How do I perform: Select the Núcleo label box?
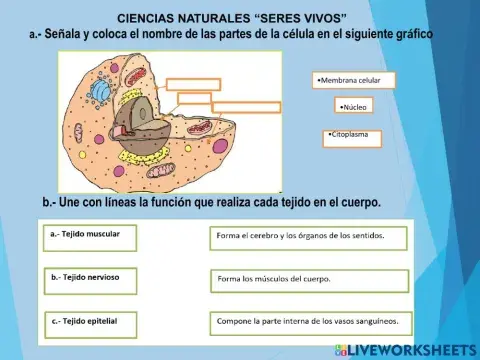[353, 105]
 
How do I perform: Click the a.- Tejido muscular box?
[92, 236]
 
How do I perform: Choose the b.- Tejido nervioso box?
[92, 279]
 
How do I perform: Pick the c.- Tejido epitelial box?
[92, 322]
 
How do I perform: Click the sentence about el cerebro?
[310, 238]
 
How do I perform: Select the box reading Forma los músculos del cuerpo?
[310, 279]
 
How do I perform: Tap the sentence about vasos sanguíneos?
[310, 322]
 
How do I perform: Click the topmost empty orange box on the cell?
[192, 84]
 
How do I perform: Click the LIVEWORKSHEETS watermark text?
[412, 349]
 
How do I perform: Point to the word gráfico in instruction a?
[408, 34]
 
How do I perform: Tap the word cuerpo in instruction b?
[359, 203]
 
